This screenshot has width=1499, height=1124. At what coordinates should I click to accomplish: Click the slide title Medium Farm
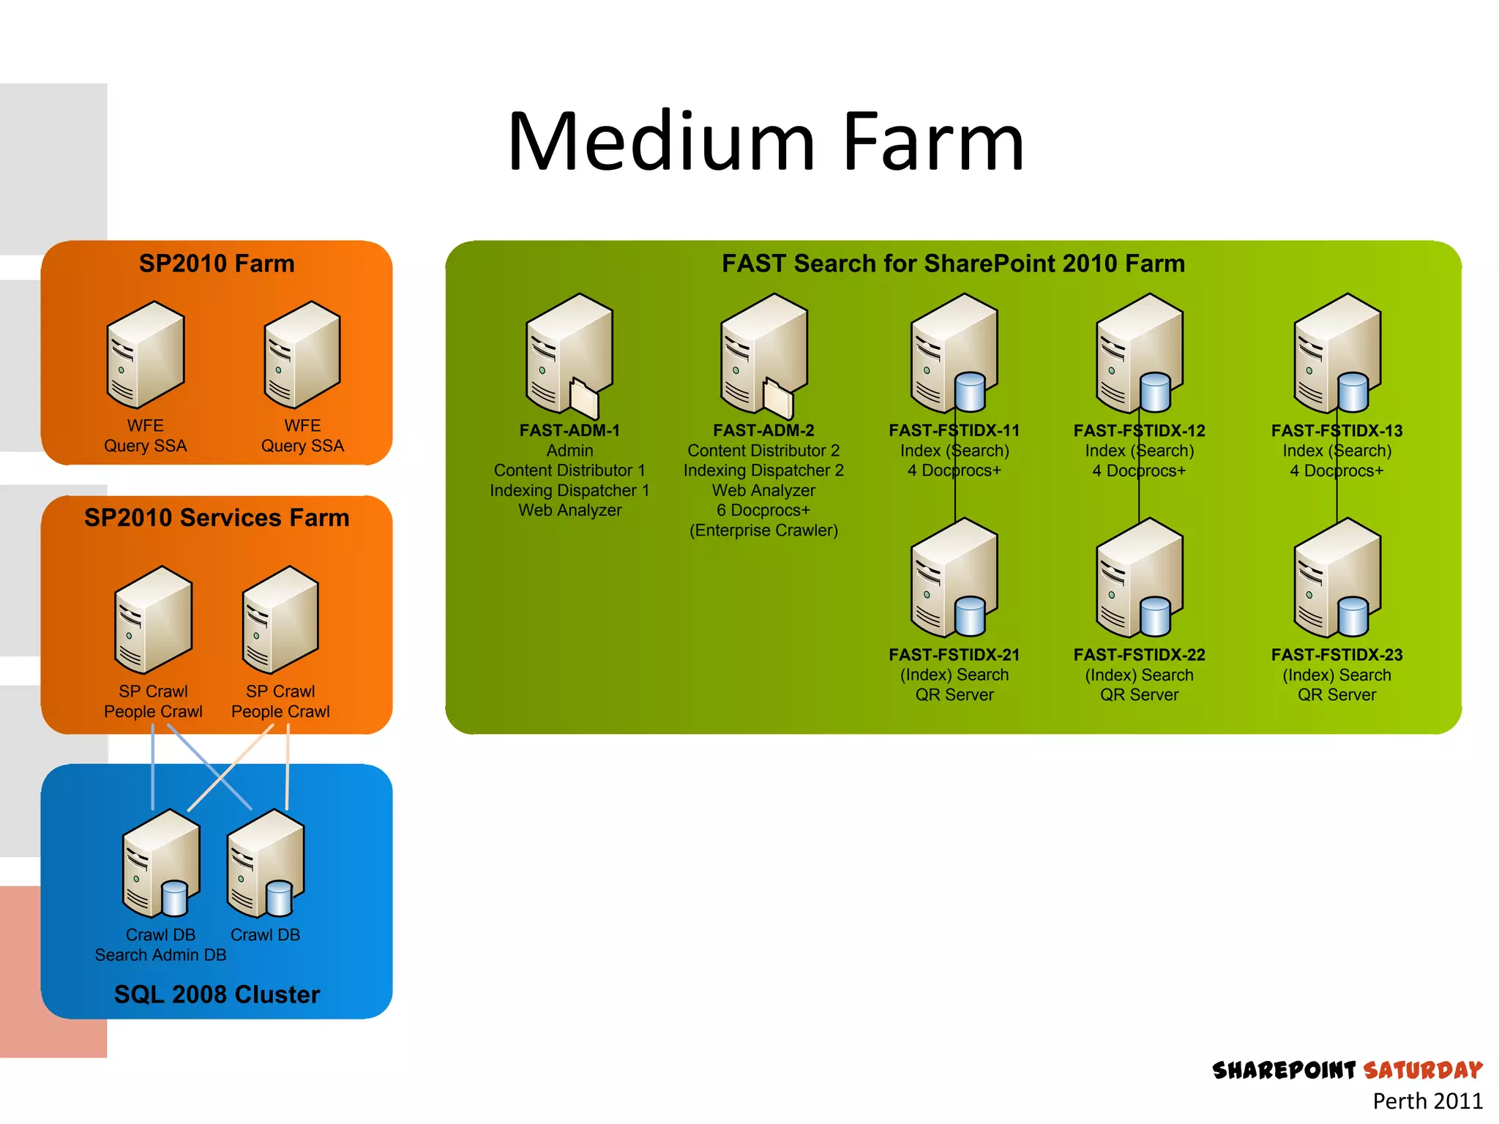tap(766, 142)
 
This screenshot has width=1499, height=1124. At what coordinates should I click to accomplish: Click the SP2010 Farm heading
tap(217, 263)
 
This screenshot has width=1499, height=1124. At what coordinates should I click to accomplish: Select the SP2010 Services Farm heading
tap(217, 517)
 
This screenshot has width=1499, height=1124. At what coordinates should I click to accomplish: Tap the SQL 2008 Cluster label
tap(217, 994)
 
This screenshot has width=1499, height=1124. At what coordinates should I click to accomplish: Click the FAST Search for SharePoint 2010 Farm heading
tap(953, 263)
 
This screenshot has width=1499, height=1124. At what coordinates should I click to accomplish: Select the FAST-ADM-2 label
tap(763, 430)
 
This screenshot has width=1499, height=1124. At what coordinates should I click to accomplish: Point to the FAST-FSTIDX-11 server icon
tap(952, 351)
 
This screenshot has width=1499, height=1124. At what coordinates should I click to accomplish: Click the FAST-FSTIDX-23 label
tap(1337, 654)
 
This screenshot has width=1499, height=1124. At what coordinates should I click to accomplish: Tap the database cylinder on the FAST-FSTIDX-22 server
tap(1156, 616)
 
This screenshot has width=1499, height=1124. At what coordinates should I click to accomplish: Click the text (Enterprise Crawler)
tap(763, 530)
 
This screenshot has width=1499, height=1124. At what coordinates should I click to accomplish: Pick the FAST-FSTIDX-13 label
tap(1337, 430)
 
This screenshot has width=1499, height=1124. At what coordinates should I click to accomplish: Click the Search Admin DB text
tap(160, 955)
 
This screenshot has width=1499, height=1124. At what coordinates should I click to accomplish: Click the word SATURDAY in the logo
tap(1422, 1071)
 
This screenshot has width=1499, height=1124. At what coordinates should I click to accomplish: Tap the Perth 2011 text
tap(1427, 1101)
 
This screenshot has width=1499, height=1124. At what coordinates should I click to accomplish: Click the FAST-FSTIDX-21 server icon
tap(952, 577)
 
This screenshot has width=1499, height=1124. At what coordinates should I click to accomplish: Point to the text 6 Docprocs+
tap(763, 510)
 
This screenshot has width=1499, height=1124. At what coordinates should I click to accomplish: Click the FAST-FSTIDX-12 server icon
tap(1137, 351)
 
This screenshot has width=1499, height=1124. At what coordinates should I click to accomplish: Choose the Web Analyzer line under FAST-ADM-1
tap(569, 510)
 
